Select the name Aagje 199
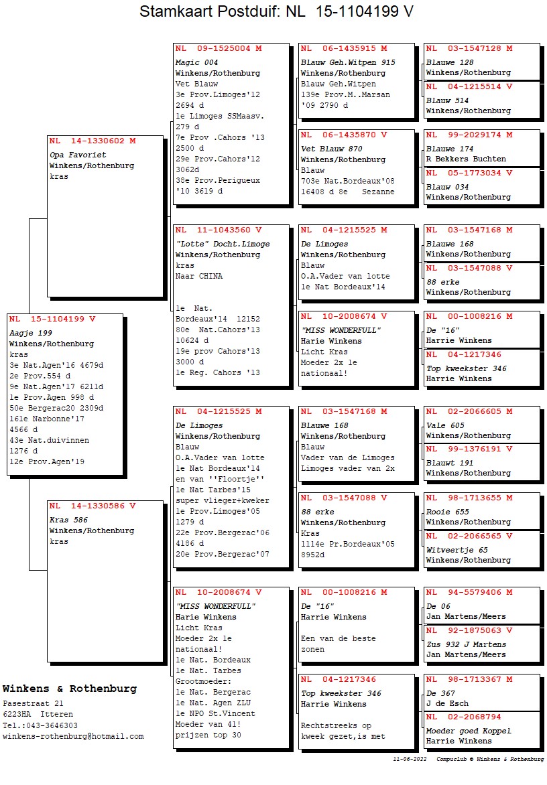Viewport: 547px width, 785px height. [31, 333]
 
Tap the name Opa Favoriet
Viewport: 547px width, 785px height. [78, 155]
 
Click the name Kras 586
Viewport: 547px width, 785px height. [68, 520]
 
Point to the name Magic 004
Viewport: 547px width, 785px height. [198, 62]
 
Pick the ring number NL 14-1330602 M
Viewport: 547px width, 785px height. [93, 141]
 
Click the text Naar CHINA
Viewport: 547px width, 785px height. [199, 276]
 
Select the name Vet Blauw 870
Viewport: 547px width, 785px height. [332, 149]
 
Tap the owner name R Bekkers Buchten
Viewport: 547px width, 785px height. [466, 159]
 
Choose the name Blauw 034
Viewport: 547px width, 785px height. [448, 187]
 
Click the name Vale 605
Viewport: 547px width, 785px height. [445, 425]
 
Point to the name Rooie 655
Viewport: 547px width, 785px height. [448, 512]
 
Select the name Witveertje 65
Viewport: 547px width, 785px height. [457, 550]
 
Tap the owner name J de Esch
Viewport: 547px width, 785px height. [447, 703]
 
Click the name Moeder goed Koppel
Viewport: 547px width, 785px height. [469, 731]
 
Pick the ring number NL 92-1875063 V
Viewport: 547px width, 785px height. [469, 630]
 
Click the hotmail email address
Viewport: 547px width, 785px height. [73, 736]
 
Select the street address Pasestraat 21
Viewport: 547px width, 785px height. [34, 704]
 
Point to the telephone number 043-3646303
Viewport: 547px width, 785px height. [50, 725]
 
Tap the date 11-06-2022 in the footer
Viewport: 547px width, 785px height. [410, 760]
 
